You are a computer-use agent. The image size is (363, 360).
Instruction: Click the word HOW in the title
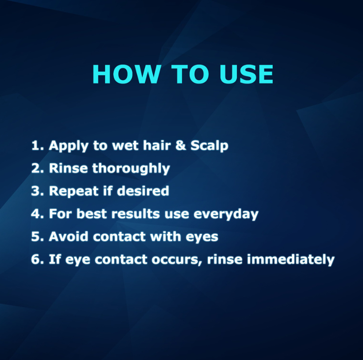(x=127, y=74)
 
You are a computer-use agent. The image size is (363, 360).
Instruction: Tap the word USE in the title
(x=246, y=74)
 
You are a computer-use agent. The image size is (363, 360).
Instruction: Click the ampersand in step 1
(x=181, y=145)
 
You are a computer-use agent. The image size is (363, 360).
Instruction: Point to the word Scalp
(x=209, y=146)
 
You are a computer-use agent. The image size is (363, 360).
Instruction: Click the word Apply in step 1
(x=69, y=146)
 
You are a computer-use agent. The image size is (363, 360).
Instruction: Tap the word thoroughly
(x=131, y=168)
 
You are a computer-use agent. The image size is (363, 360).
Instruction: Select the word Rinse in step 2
(x=68, y=168)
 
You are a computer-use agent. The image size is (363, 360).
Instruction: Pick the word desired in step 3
(x=143, y=191)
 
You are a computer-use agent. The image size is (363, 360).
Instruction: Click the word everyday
(x=226, y=214)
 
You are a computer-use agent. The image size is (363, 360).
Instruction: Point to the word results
(x=136, y=214)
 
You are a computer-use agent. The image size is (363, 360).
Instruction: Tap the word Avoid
(x=68, y=237)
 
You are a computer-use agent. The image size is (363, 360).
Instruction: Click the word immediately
(x=291, y=259)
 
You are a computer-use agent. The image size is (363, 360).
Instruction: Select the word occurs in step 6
(x=177, y=260)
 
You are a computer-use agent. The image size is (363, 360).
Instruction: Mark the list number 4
(x=37, y=214)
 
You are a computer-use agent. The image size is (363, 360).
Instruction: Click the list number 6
(x=37, y=259)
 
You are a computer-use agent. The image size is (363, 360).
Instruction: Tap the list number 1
(x=37, y=145)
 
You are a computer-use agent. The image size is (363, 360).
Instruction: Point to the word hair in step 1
(x=157, y=145)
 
